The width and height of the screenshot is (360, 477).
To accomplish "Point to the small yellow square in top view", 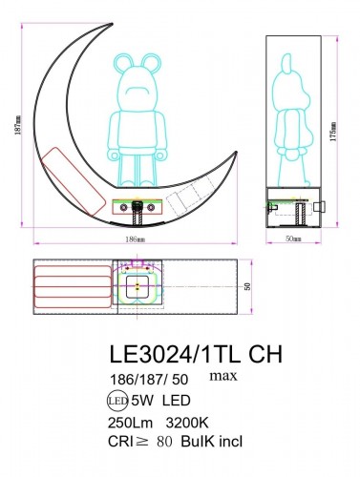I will (x=138, y=284).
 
